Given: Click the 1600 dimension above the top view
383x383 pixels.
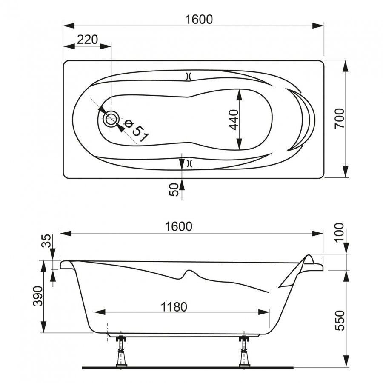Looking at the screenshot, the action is pos(199,20).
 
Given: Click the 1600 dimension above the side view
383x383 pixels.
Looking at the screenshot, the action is pos(179,226).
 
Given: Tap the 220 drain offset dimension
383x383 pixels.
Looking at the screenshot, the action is pos(87,40).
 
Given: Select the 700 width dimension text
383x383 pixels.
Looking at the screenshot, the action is pos(340,119).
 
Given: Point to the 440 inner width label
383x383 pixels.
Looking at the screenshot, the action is pos(234,120).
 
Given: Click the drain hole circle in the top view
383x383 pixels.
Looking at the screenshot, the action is pos(111,119).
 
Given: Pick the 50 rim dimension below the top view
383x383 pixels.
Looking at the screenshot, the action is pos(174,190).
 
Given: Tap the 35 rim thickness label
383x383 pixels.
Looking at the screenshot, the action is pos(46,241).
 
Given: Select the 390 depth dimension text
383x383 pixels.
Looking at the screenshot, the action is pos(38,296).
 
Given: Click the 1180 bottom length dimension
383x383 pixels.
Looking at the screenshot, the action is pos(174,307).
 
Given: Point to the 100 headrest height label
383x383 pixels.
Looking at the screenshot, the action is pos(339,232).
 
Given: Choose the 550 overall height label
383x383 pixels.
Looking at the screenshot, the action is pos(340,320).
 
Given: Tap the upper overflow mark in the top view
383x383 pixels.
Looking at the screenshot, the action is pos(189,77).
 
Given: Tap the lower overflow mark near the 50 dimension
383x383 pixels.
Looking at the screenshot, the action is pos(189,163).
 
